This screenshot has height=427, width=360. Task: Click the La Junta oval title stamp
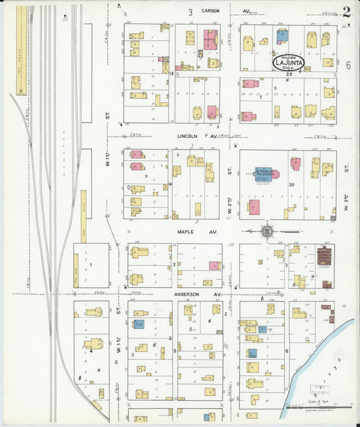[x=288, y=62]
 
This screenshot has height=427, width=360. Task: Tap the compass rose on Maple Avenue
[x=267, y=231]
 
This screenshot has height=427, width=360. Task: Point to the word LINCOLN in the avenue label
[x=187, y=135]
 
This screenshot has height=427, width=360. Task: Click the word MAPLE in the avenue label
[x=186, y=232]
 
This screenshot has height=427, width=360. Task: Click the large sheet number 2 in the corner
[x=346, y=11]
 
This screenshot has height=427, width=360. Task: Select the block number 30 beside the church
[x=292, y=184]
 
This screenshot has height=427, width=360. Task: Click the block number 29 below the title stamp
[x=288, y=73]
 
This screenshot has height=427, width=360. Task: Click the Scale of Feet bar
[x=317, y=407]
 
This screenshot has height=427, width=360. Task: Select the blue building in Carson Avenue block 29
[x=282, y=36]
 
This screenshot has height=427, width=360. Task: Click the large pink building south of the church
[x=254, y=207]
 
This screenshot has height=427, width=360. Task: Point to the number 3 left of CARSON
[x=190, y=12]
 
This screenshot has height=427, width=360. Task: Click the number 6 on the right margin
[x=349, y=66]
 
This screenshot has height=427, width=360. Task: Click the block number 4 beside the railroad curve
[x=91, y=350]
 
